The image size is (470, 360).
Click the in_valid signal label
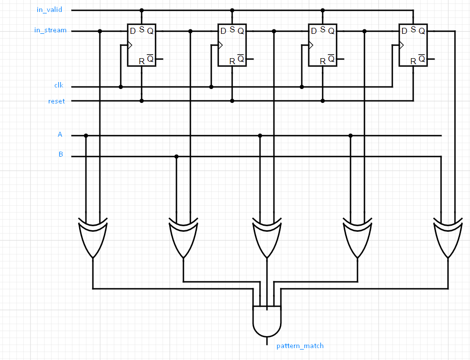(x=50, y=10)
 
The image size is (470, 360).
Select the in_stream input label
(x=50, y=30)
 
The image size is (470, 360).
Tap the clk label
(x=59, y=86)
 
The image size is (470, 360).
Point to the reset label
(x=56, y=101)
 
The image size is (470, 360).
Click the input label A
(x=60, y=135)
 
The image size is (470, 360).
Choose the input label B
(x=61, y=155)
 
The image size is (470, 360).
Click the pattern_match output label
(x=300, y=346)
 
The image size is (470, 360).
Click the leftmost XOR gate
(x=93, y=237)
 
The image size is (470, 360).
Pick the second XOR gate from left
(x=184, y=237)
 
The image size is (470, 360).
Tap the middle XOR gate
(x=267, y=237)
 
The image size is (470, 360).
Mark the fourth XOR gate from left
(x=358, y=237)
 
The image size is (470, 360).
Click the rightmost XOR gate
(x=448, y=237)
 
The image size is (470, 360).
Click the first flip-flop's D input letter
(x=133, y=31)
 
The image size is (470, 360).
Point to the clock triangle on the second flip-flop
(x=221, y=45)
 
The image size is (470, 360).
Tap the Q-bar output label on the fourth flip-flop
(x=422, y=59)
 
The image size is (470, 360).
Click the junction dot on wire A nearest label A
(x=86, y=135)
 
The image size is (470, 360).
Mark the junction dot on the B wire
(x=177, y=157)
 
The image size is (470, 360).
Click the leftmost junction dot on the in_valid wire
(x=142, y=10)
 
